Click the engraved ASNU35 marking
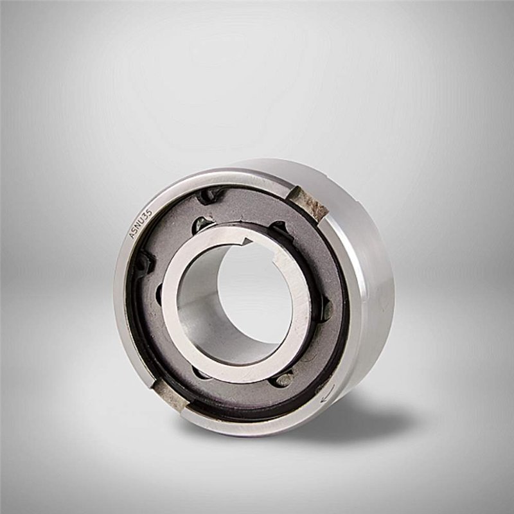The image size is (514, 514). coord(141,224)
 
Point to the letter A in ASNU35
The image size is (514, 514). coord(132,236)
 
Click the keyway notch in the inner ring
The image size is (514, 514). coord(246,242)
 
